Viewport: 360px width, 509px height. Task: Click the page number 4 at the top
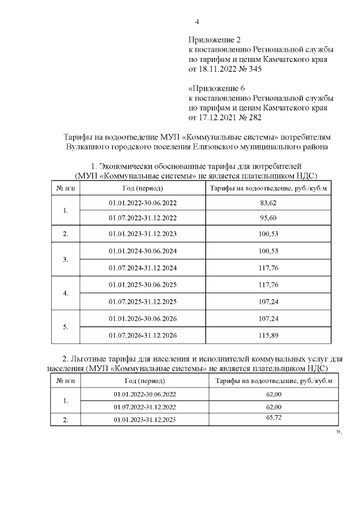click(197, 22)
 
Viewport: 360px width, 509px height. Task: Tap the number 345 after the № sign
click(254, 69)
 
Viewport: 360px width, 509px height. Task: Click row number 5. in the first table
click(66, 327)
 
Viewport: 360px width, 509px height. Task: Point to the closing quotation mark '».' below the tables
click(339, 432)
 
